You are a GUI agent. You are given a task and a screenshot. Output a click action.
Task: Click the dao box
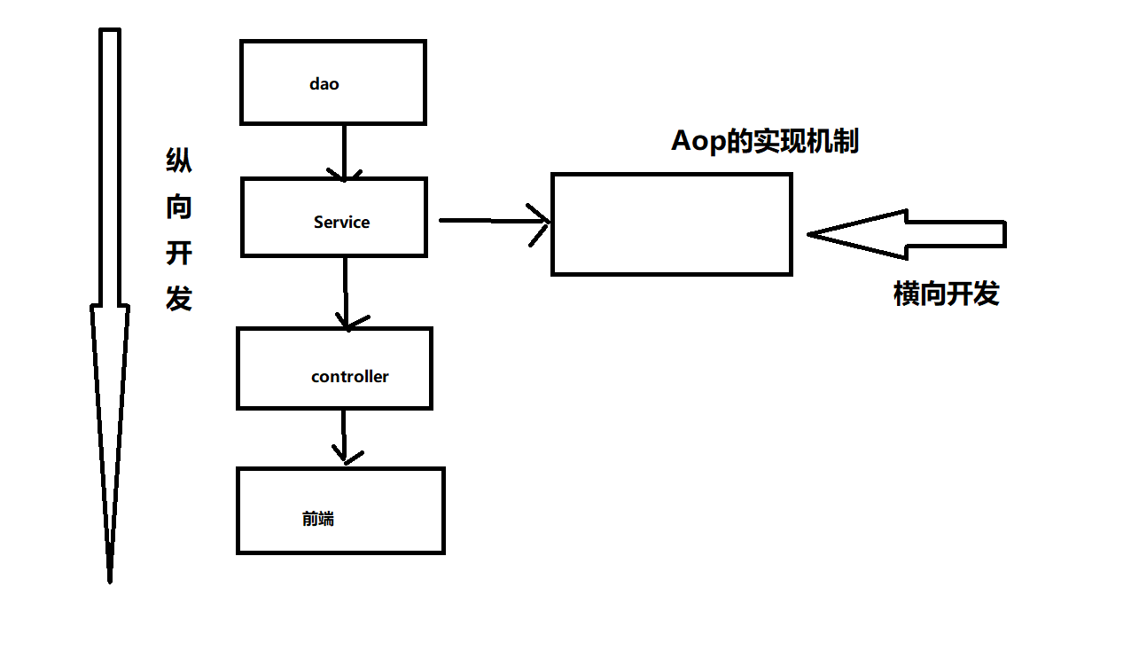(x=332, y=82)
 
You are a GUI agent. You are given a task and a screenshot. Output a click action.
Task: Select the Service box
(x=333, y=217)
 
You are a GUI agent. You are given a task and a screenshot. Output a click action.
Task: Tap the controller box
(x=334, y=368)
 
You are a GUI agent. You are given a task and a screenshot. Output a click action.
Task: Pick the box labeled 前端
(x=339, y=511)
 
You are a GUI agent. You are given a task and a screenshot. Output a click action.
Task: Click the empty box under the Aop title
(x=671, y=224)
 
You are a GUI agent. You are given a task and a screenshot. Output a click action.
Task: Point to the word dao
(x=324, y=84)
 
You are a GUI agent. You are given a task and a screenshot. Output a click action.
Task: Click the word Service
(x=341, y=223)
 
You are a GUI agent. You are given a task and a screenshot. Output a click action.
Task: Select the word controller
(x=349, y=377)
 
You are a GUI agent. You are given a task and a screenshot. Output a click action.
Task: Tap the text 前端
(x=317, y=520)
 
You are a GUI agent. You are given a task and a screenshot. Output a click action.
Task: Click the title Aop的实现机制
(x=765, y=141)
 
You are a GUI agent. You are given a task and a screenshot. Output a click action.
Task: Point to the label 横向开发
(x=946, y=294)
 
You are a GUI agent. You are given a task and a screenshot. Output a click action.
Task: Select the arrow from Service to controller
(x=345, y=293)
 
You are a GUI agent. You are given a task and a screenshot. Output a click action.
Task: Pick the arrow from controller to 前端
(x=344, y=438)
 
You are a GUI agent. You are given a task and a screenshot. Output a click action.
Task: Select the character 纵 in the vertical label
(x=179, y=161)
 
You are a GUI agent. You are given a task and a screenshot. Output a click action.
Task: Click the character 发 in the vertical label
(x=179, y=299)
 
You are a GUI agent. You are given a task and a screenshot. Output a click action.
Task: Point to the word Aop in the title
(x=698, y=142)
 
